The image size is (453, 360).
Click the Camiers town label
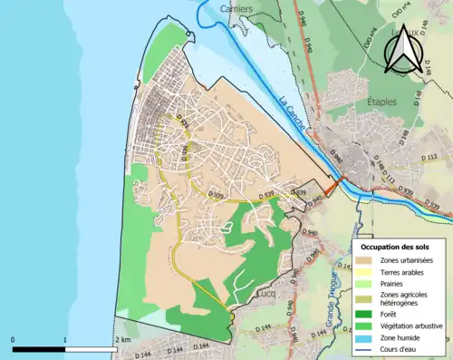[240, 10]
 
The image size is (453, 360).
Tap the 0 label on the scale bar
[14, 339]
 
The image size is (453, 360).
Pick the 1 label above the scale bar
[64, 339]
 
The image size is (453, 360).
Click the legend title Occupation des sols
[395, 247]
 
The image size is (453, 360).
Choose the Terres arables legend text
[406, 273]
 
